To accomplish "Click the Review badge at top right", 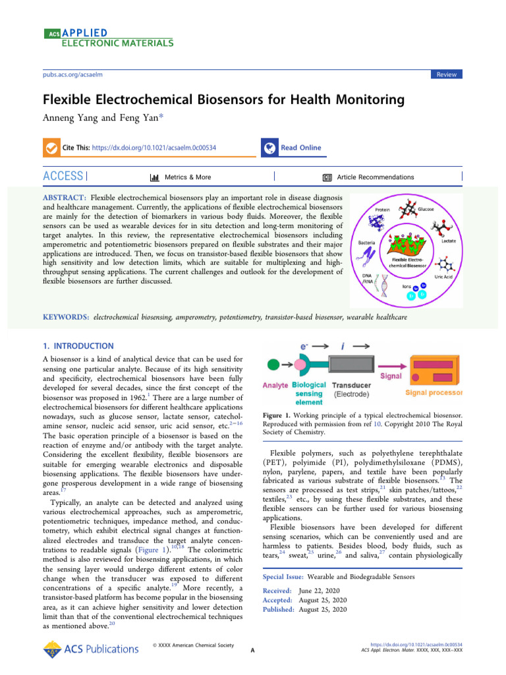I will pyautogui.click(x=446, y=74).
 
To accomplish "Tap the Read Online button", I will pyautogui.click(x=300, y=148).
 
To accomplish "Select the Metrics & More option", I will pyautogui.click(x=187, y=177).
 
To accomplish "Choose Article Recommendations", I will pyautogui.click(x=375, y=177).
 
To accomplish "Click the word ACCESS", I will pyautogui.click(x=63, y=177).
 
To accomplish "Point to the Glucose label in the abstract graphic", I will pyautogui.click(x=426, y=209).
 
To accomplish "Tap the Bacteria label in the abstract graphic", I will pyautogui.click(x=367, y=242).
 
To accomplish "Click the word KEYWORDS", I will pyautogui.click(x=65, y=317).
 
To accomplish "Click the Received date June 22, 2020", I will pyautogui.click(x=323, y=591).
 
